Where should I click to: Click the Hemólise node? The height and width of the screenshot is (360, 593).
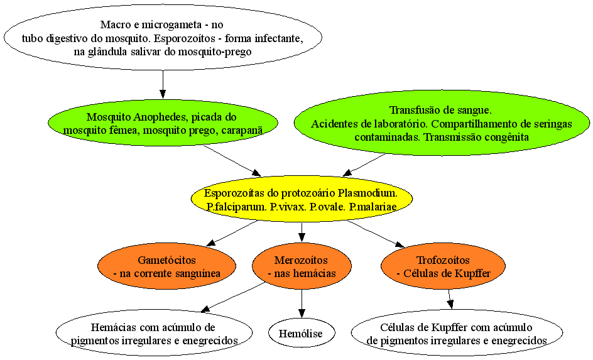[302, 333]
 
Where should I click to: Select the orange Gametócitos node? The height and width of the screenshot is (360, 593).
[167, 266]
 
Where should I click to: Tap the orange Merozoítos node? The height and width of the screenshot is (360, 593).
[302, 266]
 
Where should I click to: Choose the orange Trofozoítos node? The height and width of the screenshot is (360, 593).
[443, 266]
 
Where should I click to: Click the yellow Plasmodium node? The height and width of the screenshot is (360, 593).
[302, 199]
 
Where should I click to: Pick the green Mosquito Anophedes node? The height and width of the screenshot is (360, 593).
[163, 123]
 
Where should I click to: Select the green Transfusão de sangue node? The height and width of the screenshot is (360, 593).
[442, 123]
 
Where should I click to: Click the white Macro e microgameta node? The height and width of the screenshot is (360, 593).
[163, 38]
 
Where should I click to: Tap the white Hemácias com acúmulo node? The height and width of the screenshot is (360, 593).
[154, 333]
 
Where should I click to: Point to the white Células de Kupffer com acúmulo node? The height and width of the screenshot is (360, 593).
[457, 333]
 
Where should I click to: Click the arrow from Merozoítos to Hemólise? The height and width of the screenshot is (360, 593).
[302, 303]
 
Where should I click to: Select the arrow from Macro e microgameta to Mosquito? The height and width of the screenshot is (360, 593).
[163, 85]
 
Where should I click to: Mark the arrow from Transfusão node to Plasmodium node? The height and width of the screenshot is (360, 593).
[364, 165]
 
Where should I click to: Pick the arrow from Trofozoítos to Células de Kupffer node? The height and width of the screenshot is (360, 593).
[449, 300]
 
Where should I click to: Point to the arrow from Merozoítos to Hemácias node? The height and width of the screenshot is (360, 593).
[232, 297]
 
